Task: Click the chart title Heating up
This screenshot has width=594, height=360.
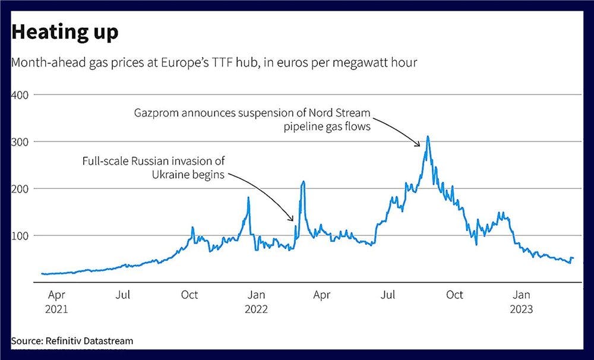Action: pos(65,33)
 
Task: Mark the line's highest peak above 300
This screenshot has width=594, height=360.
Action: pos(428,137)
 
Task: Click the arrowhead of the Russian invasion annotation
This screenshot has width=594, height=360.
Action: pos(293,220)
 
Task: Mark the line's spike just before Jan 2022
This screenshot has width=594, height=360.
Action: pos(248,198)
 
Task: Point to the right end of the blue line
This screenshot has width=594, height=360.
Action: pos(573,258)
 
